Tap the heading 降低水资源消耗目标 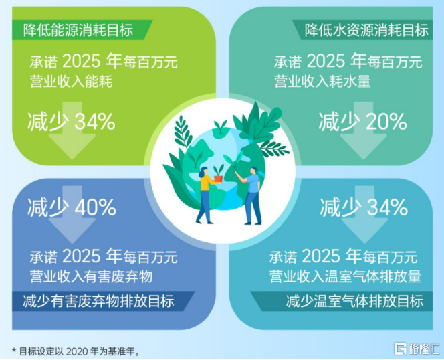point(366,30)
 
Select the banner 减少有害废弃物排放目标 point(98,301)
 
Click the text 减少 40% point(72,207)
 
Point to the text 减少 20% point(362,122)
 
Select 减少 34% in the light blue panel point(364,207)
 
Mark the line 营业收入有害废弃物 point(92,276)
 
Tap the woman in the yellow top point(204,194)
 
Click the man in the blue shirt point(253,194)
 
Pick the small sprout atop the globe point(219,128)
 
